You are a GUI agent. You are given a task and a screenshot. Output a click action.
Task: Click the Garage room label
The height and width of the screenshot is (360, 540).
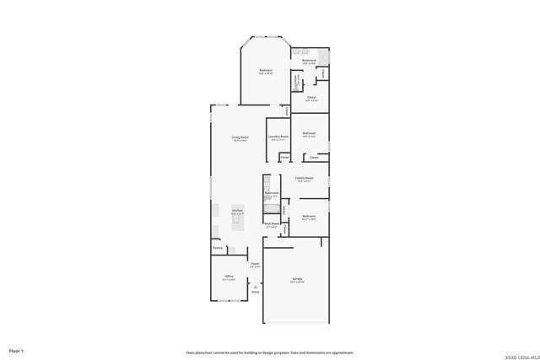tap(297, 278)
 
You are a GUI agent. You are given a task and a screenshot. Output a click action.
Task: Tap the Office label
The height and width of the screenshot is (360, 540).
tap(229, 276)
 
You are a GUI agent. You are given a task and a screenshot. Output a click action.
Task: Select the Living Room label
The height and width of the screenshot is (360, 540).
tap(240, 137)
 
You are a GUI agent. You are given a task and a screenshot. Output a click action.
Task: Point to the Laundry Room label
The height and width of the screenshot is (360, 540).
tap(278, 136)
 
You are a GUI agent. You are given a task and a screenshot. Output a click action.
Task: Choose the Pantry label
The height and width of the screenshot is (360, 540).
tap(218, 248)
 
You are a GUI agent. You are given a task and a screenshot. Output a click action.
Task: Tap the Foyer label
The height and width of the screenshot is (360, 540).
tap(255, 264)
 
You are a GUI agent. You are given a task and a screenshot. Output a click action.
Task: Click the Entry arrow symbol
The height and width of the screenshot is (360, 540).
tap(255, 287)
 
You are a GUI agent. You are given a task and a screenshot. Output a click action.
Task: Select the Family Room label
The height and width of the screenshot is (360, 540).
tap(305, 178)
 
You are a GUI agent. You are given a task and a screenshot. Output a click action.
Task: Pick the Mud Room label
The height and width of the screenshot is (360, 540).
tap(273, 223)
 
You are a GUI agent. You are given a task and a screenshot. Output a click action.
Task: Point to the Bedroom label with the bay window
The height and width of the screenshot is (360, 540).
tap(266, 71)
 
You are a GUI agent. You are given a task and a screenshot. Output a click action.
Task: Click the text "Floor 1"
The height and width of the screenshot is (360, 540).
tap(17, 350)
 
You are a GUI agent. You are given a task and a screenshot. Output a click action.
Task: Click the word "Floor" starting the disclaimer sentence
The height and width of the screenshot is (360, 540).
tap(192, 352)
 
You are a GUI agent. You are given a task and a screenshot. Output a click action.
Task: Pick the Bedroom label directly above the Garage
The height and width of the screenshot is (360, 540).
tap(309, 217)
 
